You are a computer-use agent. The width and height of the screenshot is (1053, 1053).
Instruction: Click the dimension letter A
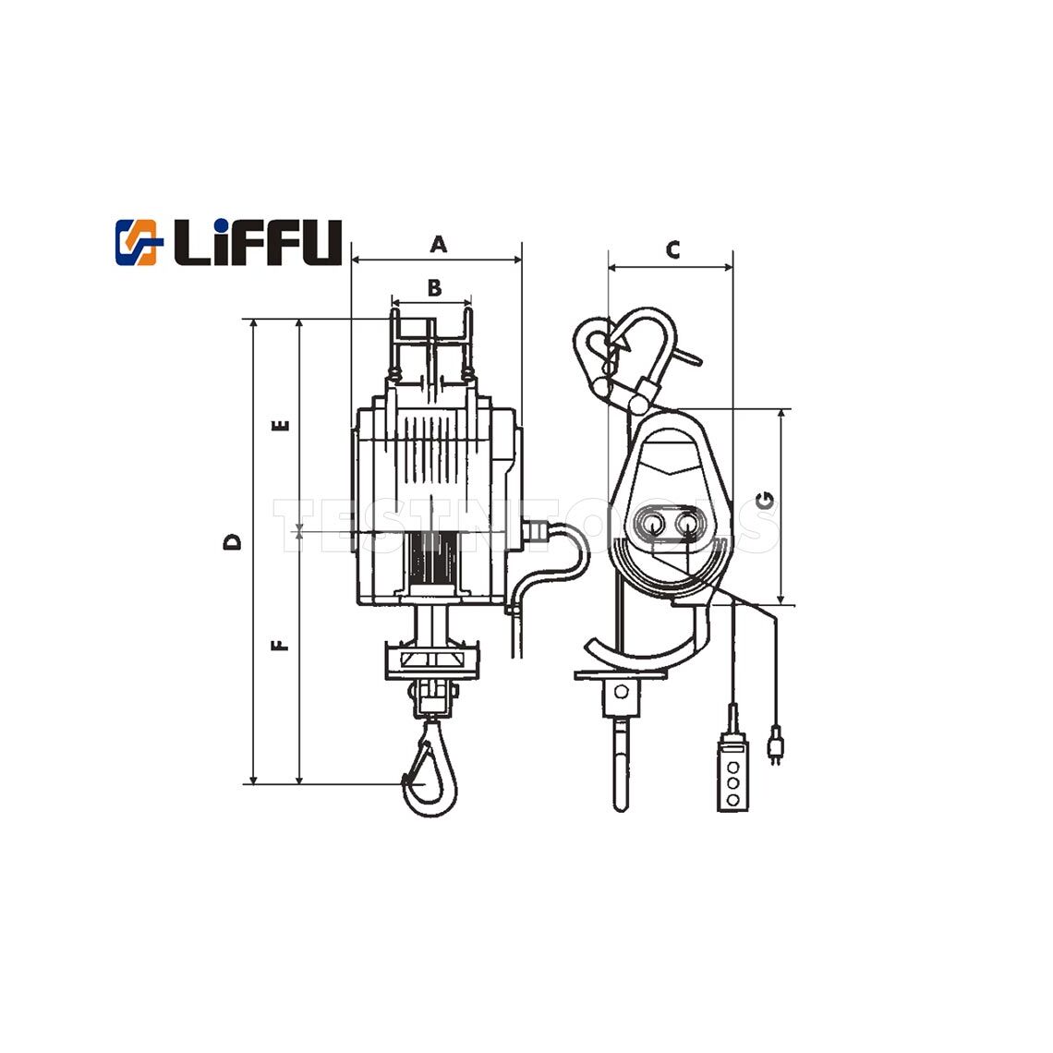pos(440,244)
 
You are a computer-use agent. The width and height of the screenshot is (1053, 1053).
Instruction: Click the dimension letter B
pos(434,287)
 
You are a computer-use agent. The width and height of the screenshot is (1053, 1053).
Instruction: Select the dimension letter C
pos(673,249)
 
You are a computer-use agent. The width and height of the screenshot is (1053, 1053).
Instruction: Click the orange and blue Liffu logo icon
pos(139,241)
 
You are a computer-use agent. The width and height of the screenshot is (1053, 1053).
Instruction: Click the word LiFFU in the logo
pos(258,242)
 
